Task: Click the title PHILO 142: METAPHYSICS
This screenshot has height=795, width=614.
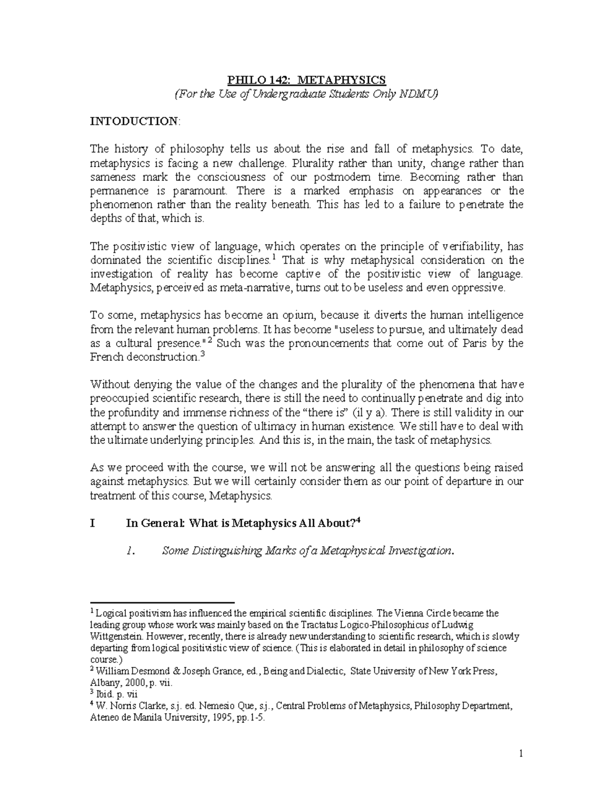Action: [306, 80]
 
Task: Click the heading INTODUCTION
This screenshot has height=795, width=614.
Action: [134, 121]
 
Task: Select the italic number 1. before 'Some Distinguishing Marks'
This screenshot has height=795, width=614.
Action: [130, 551]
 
